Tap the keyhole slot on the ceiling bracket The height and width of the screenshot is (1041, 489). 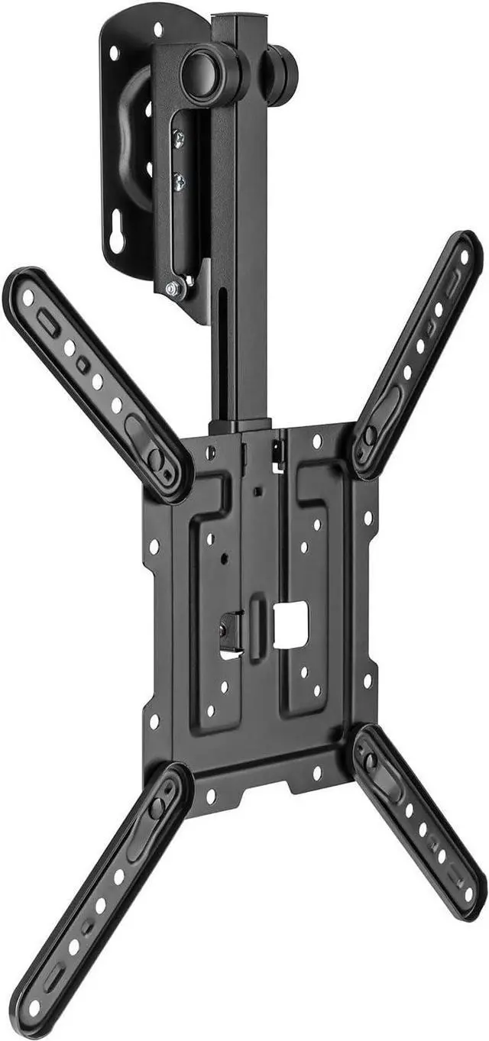[117, 239]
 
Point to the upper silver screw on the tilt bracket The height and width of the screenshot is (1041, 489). [178, 138]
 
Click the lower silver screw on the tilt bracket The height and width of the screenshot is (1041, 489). [179, 182]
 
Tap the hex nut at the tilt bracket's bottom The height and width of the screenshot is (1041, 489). [173, 289]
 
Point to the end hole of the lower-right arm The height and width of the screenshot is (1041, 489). [468, 894]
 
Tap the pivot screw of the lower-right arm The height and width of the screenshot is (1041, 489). [371, 761]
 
